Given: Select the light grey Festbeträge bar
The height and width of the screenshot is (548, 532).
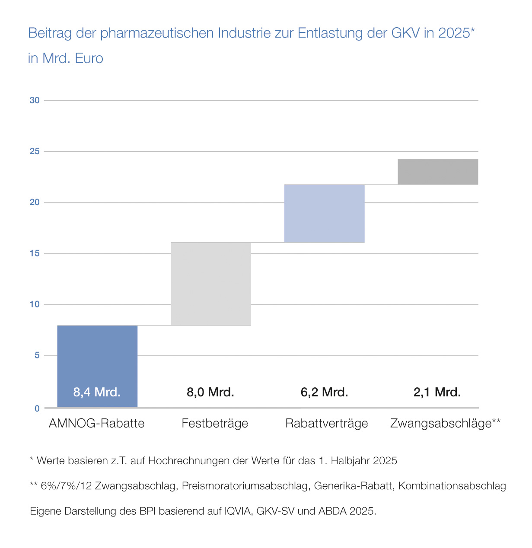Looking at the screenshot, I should [211, 284].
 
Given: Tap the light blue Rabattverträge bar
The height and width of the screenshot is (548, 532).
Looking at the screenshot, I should [324, 214].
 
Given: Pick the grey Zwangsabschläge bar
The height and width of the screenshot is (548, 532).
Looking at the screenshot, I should [438, 172].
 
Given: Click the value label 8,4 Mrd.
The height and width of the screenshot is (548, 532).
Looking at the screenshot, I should [97, 392].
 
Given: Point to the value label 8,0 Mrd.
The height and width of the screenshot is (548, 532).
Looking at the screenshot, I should [210, 392].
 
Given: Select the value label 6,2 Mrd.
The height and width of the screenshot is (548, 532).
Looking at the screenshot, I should [324, 392].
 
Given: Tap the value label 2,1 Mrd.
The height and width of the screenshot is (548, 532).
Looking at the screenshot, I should [437, 392].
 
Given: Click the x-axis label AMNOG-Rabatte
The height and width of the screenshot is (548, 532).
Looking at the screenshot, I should [96, 423].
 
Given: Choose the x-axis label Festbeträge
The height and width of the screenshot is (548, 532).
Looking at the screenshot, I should [215, 423].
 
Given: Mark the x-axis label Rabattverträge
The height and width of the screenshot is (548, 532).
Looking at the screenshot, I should [327, 423].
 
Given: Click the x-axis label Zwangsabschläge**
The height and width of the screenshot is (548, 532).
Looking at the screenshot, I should [445, 423].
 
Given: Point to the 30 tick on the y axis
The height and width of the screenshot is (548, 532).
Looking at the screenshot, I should [35, 100].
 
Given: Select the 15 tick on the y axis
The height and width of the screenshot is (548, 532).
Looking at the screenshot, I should [35, 253].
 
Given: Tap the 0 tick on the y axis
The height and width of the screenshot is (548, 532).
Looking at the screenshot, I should [37, 408].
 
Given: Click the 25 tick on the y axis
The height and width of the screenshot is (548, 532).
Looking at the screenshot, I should [35, 152].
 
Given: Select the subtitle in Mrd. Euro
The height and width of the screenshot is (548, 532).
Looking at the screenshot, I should [66, 58].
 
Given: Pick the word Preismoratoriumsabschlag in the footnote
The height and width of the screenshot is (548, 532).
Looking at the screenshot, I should [245, 486].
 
